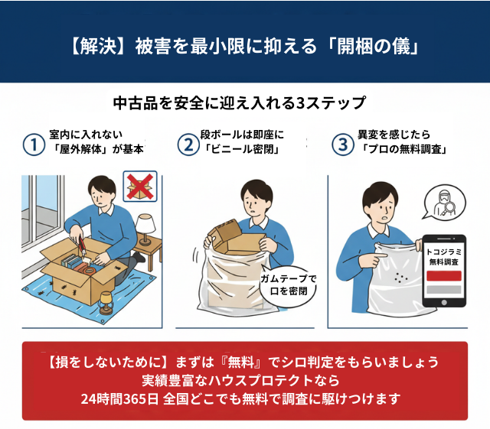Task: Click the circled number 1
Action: [x=33, y=144]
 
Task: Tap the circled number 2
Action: [x=187, y=144]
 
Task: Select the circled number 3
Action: [x=342, y=144]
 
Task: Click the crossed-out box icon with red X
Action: [x=140, y=187]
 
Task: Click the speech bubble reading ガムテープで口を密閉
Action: [x=288, y=284]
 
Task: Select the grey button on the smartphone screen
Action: [x=443, y=290]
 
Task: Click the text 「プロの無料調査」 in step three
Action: [x=404, y=149]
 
